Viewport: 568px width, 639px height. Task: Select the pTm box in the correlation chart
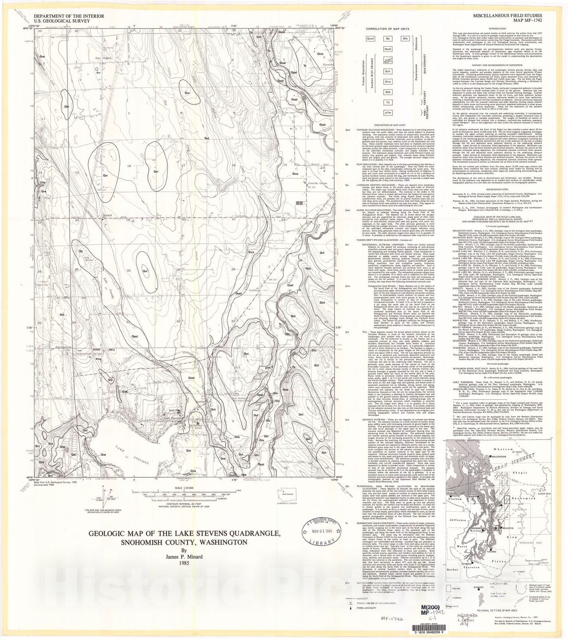pyautogui.click(x=387, y=113)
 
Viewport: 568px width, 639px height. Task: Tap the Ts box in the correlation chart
pyautogui.click(x=387, y=103)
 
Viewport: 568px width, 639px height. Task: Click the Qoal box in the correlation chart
pyautogui.click(x=387, y=49)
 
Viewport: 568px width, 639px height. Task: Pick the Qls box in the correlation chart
pyautogui.click(x=405, y=39)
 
